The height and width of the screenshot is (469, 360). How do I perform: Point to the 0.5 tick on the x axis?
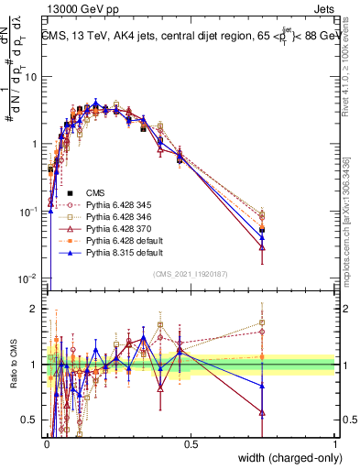pos(191,444)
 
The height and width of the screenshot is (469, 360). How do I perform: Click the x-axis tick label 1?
pos(335,444)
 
